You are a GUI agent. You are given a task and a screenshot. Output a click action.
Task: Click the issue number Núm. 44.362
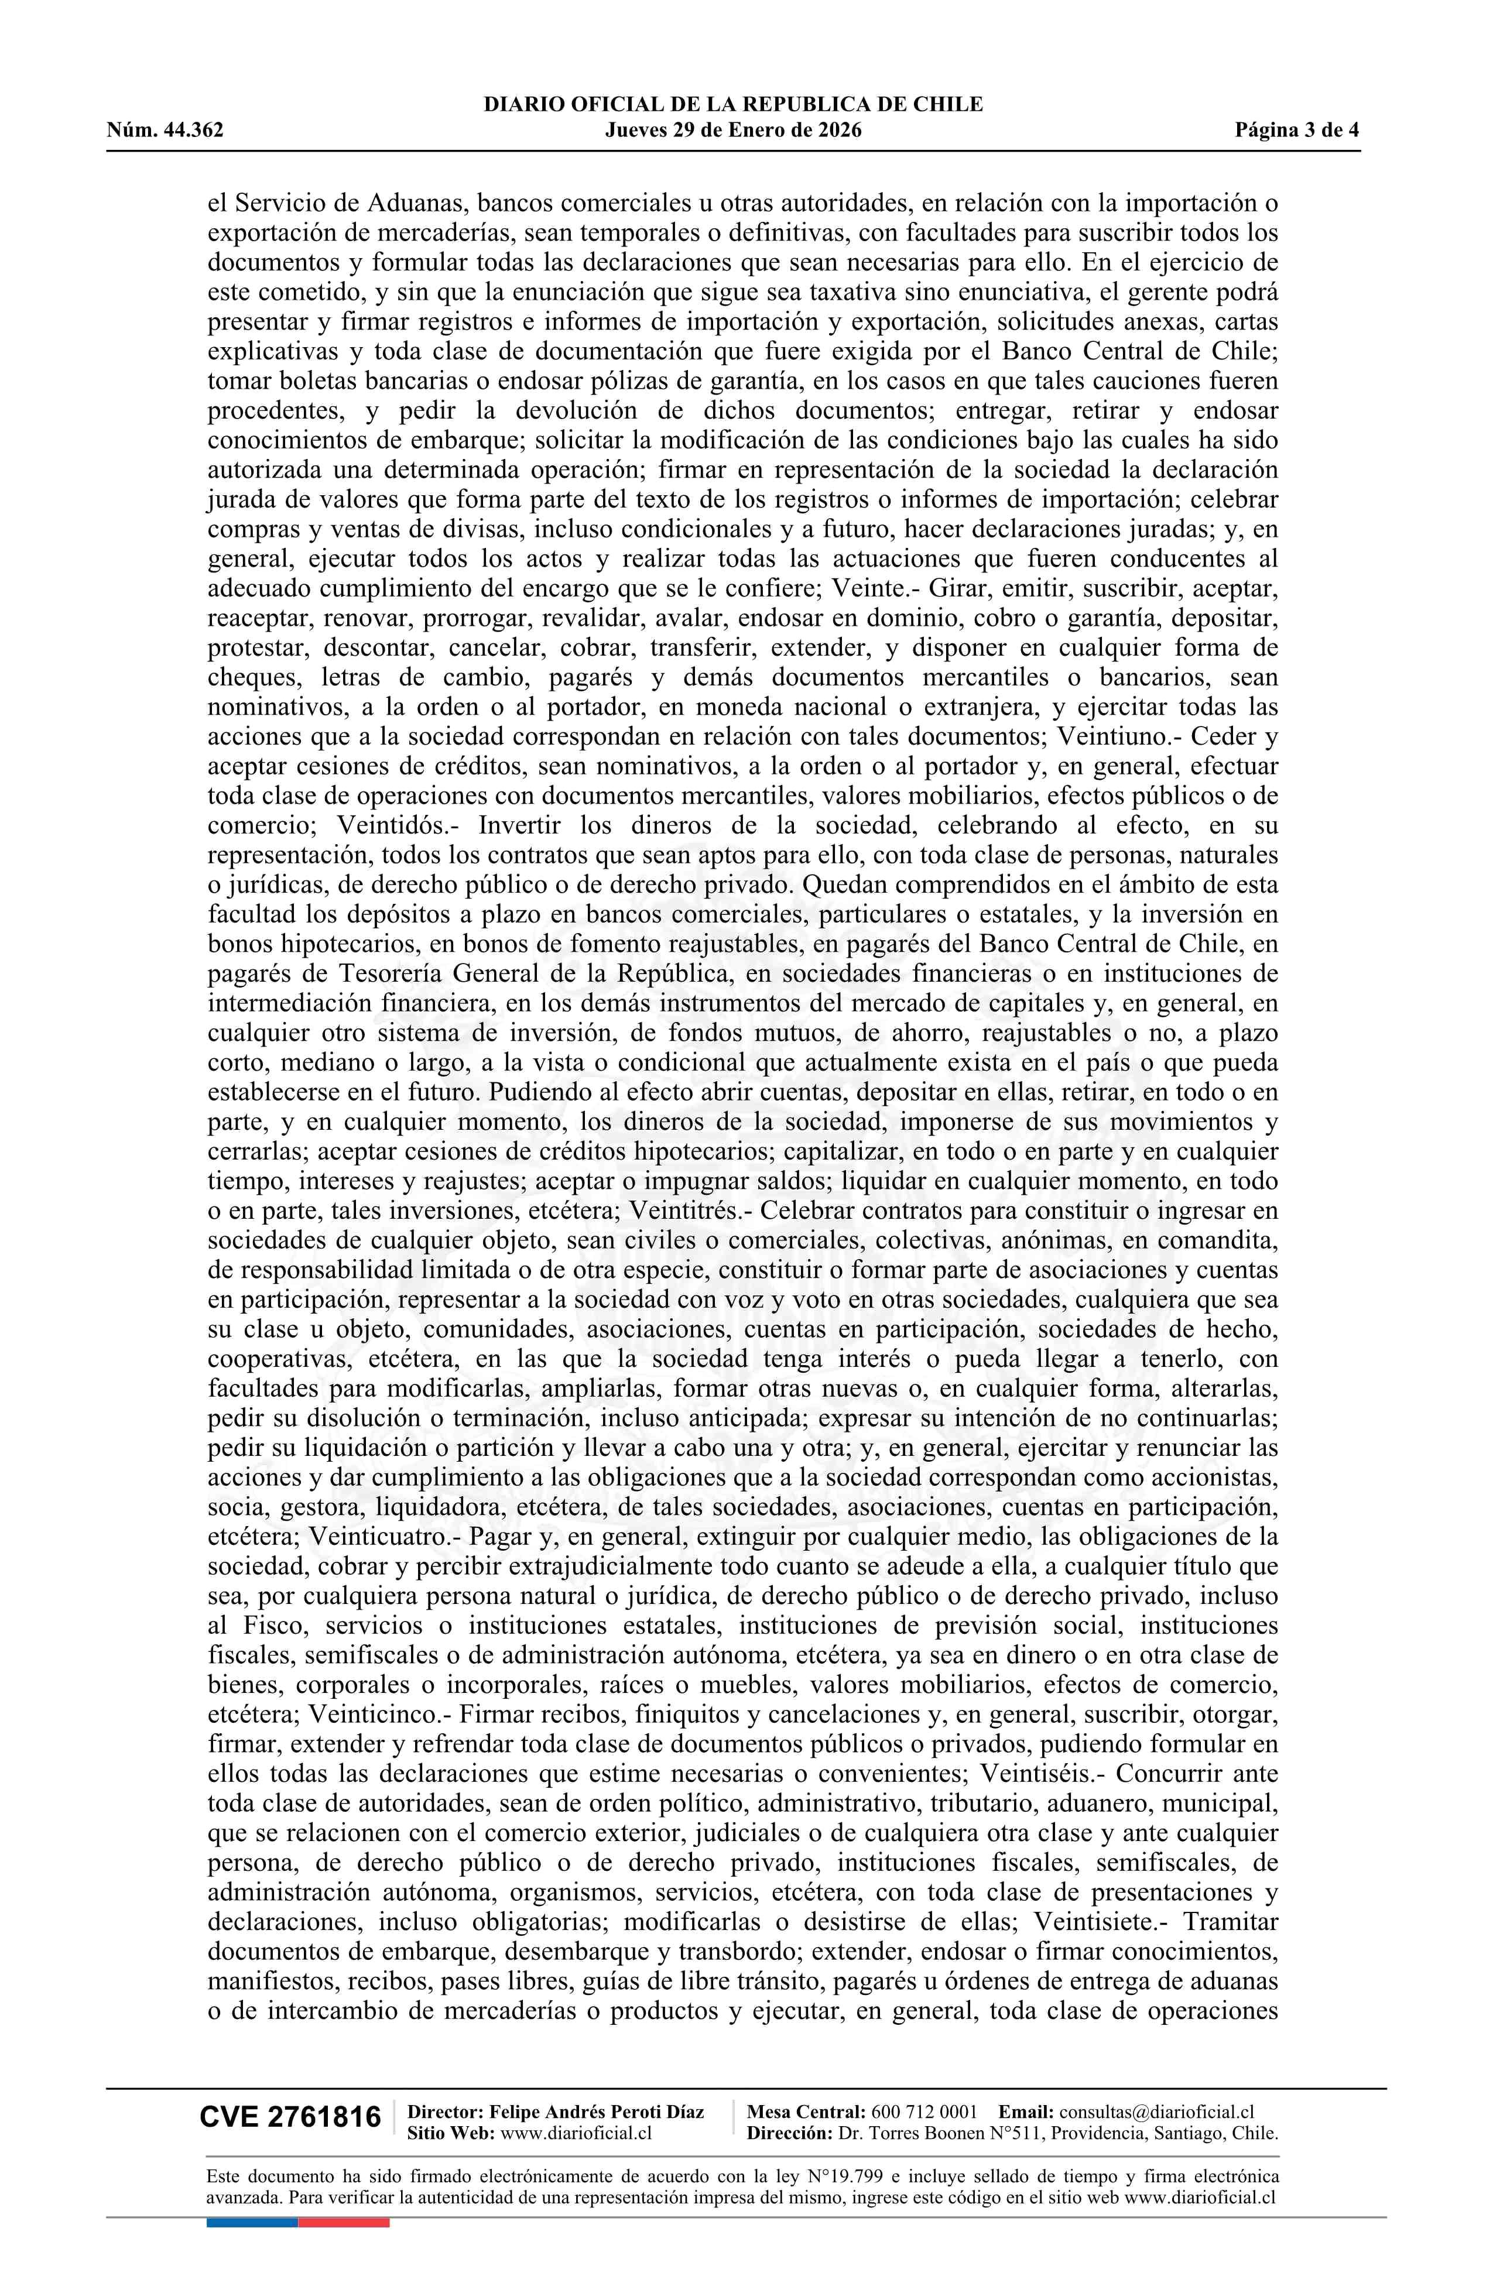click(x=165, y=131)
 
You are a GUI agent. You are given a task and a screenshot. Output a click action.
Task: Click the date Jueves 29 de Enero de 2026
click(x=733, y=131)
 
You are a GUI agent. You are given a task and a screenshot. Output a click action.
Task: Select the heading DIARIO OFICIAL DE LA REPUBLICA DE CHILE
click(x=733, y=105)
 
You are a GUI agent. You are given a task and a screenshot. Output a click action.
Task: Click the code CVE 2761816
click(x=290, y=2118)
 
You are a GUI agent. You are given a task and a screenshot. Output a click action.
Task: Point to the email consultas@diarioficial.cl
click(x=1156, y=2112)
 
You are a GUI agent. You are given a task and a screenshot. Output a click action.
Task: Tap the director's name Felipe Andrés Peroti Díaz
click(x=597, y=2112)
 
